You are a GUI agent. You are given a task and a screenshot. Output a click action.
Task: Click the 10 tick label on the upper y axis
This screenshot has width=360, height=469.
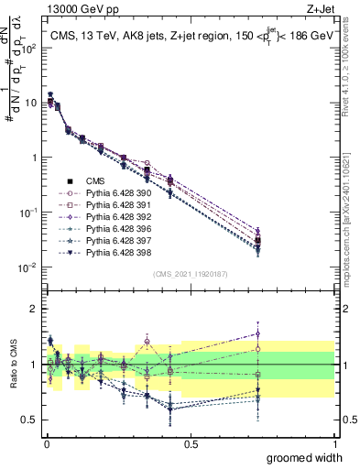29,103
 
